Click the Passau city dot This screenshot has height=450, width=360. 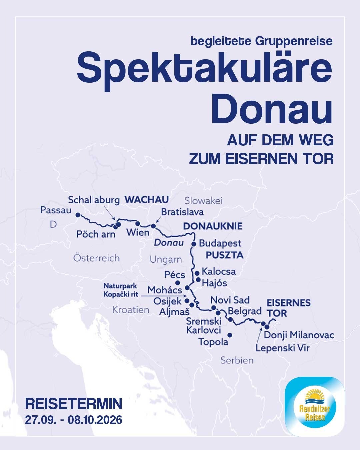[x=78, y=215]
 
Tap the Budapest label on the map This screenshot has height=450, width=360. [x=220, y=243]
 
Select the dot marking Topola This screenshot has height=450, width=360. [x=229, y=335]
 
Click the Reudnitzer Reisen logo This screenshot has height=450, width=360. [x=314, y=406]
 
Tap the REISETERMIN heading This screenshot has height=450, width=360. [x=74, y=404]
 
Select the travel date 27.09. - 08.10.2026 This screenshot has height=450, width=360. [x=74, y=419]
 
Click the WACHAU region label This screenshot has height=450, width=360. [x=146, y=200]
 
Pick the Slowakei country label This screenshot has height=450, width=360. [x=203, y=201]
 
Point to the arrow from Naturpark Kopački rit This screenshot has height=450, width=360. [x=163, y=295]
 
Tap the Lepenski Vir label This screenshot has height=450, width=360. [x=283, y=348]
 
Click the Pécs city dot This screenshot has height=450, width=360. [x=178, y=283]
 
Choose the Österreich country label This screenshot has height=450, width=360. [x=96, y=258]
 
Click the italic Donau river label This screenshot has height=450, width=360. [x=169, y=243]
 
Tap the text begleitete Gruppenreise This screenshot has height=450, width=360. [x=261, y=41]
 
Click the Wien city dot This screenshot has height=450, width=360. [x=137, y=223]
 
